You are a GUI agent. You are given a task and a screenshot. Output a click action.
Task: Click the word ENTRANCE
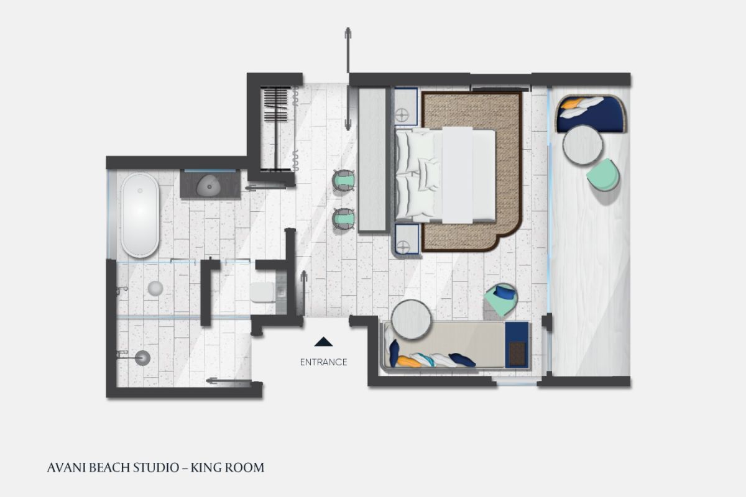(x=323, y=362)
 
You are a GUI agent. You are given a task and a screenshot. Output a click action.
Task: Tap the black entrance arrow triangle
(x=323, y=342)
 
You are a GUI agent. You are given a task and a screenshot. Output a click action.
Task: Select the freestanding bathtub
(x=140, y=216)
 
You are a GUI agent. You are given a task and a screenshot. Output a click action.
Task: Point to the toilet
(x=263, y=292)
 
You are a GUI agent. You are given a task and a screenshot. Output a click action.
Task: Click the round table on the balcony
(x=583, y=145)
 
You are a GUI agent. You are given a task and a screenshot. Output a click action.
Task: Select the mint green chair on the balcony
(x=604, y=175)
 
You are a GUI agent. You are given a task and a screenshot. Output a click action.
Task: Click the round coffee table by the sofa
(x=412, y=319)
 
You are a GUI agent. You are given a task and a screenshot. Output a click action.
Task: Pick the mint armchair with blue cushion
(x=501, y=299)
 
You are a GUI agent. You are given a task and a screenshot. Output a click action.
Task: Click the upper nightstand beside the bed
(x=406, y=106)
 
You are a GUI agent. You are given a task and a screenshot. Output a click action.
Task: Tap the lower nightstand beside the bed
(x=407, y=239)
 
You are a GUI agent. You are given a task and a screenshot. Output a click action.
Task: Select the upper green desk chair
(x=344, y=180)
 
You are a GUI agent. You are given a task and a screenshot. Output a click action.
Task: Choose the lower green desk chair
(x=344, y=219)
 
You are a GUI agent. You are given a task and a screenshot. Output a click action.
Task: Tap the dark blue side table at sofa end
(x=517, y=345)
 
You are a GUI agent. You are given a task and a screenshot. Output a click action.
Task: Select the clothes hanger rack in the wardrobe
(x=275, y=128)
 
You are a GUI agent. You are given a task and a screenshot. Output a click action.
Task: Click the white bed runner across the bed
(x=458, y=175)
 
